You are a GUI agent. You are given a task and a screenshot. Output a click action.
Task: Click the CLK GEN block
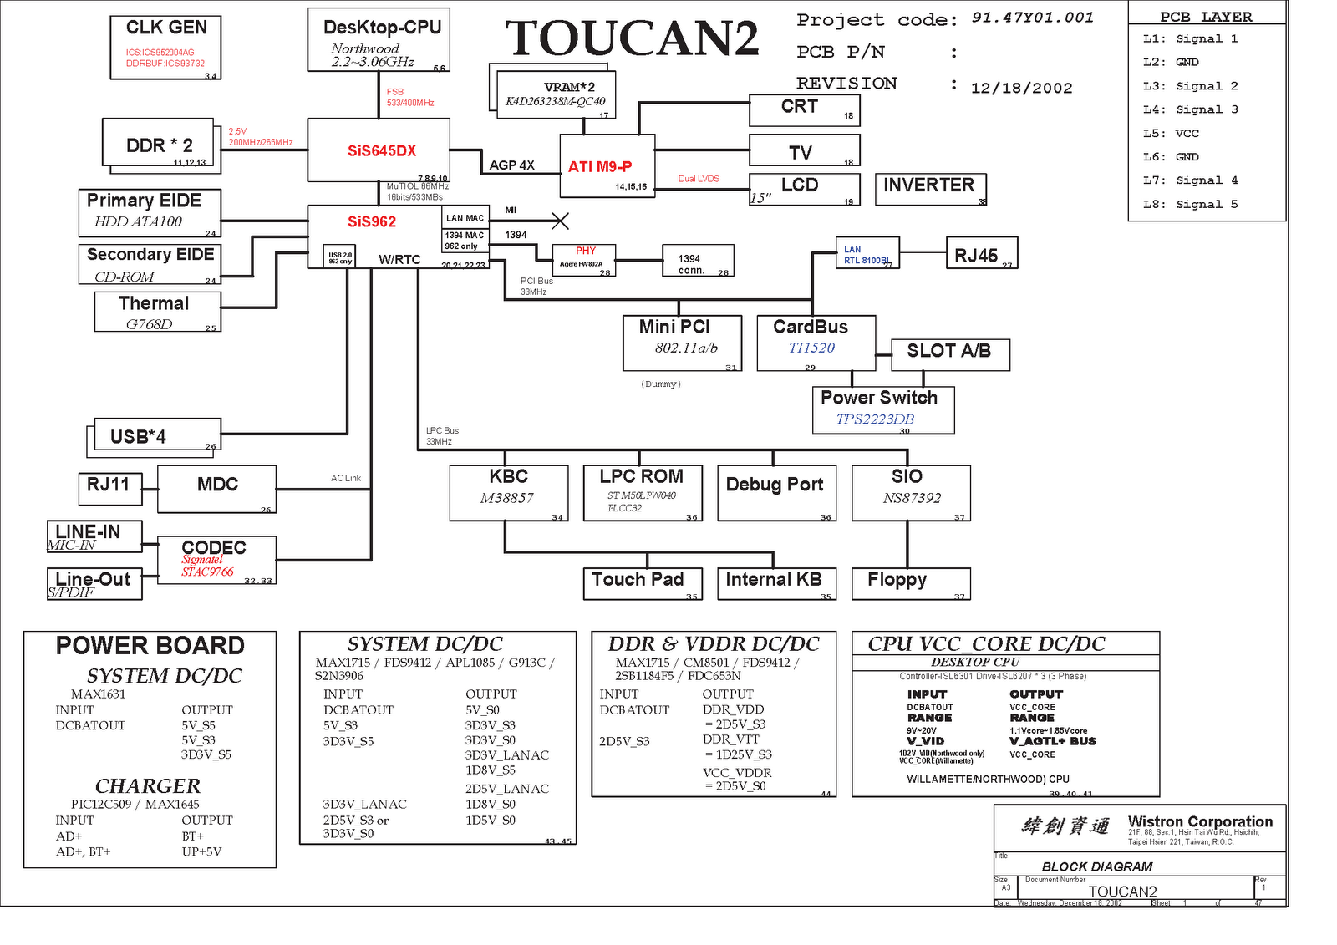[165, 47]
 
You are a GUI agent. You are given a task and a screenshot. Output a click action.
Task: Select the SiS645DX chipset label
[382, 151]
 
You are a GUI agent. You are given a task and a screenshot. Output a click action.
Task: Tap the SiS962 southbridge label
[372, 222]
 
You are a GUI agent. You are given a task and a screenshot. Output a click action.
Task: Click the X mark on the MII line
[560, 221]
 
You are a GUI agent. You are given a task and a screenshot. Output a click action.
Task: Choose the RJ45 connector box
[981, 253]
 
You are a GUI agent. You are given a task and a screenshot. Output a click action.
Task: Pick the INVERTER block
[930, 186]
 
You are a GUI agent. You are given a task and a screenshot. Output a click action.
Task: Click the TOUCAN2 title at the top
[632, 38]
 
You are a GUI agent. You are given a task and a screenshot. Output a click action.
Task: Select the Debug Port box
[775, 491]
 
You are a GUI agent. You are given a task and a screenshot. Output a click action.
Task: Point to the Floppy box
[910, 582]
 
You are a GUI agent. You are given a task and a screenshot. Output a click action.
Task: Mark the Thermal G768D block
[158, 312]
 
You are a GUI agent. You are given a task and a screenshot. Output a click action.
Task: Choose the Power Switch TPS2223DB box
[882, 409]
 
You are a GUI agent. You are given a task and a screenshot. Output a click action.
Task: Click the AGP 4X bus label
[511, 165]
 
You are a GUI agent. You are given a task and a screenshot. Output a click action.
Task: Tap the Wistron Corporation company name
[1200, 821]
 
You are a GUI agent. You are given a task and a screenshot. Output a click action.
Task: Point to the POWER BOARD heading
[150, 646]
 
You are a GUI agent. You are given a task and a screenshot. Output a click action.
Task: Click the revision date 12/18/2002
[1021, 89]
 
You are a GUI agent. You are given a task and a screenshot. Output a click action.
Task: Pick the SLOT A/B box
[949, 353]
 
